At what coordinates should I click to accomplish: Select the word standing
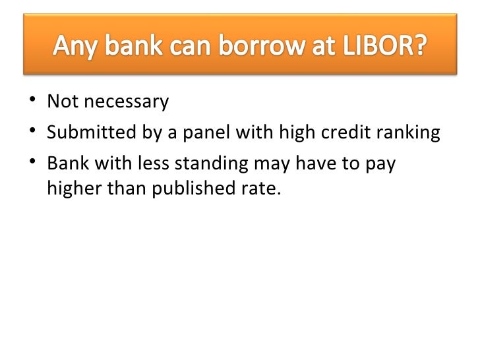click(210, 164)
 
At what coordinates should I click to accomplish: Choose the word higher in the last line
click(71, 190)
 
